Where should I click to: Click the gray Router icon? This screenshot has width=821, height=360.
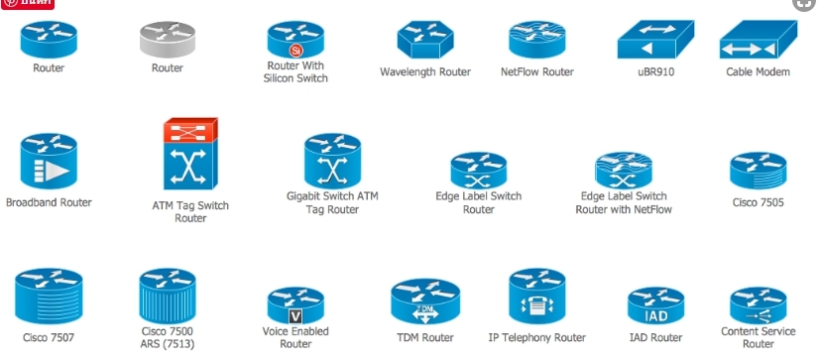pyautogui.click(x=167, y=40)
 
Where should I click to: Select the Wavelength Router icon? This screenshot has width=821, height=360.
pyautogui.click(x=424, y=41)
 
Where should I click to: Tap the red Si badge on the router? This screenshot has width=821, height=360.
pyautogui.click(x=294, y=50)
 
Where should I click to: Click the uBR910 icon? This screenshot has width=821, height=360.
pyautogui.click(x=649, y=41)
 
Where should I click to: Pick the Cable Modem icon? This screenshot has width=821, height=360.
pyautogui.click(x=758, y=41)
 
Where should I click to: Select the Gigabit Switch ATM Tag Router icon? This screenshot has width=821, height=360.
pyautogui.click(x=332, y=161)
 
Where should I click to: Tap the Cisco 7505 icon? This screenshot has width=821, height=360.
pyautogui.click(x=758, y=171)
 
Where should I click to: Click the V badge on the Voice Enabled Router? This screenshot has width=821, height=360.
pyautogui.click(x=294, y=315)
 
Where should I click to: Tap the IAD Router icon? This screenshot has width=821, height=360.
pyautogui.click(x=655, y=307)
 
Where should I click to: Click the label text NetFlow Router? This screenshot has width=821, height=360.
pyautogui.click(x=536, y=72)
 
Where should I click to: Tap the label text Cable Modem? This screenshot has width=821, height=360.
pyautogui.click(x=758, y=72)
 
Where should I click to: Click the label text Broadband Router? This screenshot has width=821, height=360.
pyautogui.click(x=49, y=203)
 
